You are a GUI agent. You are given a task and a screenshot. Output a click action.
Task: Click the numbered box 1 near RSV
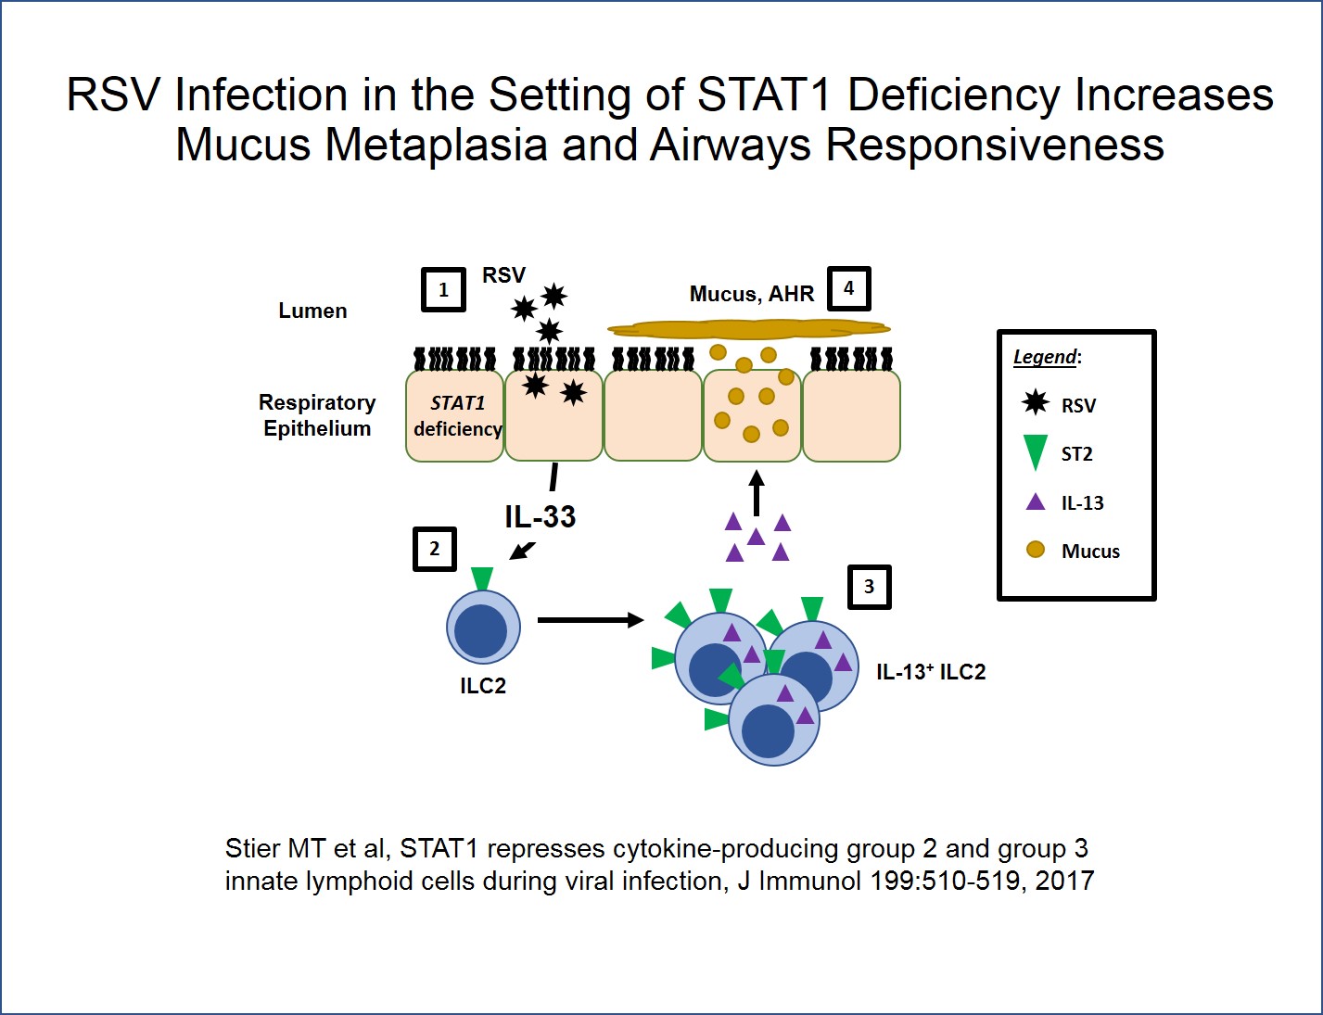pyautogui.click(x=443, y=290)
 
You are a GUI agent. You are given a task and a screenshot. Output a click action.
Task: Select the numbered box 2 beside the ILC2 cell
pyautogui.click(x=434, y=549)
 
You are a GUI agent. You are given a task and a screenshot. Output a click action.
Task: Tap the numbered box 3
pyautogui.click(x=869, y=587)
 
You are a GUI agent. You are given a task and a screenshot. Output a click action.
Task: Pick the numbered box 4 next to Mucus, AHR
pyautogui.click(x=848, y=288)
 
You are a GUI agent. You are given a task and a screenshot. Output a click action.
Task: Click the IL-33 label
pyautogui.click(x=540, y=516)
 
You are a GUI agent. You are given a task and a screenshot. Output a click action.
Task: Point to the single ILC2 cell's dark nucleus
pyautogui.click(x=481, y=631)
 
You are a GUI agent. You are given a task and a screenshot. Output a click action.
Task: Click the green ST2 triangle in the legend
pyautogui.click(x=1036, y=452)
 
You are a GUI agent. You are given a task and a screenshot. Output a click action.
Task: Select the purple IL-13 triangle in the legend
pyautogui.click(x=1036, y=502)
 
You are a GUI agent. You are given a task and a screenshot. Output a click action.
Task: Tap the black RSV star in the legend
pyautogui.click(x=1036, y=403)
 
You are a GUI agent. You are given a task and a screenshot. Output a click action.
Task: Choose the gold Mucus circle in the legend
pyautogui.click(x=1036, y=550)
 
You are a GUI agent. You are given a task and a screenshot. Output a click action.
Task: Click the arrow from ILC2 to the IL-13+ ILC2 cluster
pyautogui.click(x=590, y=620)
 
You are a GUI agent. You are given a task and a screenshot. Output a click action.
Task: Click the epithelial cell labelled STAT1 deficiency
pyautogui.click(x=455, y=415)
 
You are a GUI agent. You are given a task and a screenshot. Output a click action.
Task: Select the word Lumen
pyautogui.click(x=312, y=311)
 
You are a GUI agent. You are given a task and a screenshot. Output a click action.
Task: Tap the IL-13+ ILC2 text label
pyautogui.click(x=931, y=672)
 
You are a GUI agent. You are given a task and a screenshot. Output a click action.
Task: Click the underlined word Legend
pyautogui.click(x=1044, y=357)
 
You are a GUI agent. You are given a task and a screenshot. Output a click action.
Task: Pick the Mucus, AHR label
pyautogui.click(x=751, y=294)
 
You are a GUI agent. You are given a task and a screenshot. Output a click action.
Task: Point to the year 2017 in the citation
pyautogui.click(x=1064, y=881)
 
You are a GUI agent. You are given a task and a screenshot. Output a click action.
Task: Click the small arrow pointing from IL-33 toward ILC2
pyautogui.click(x=523, y=551)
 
